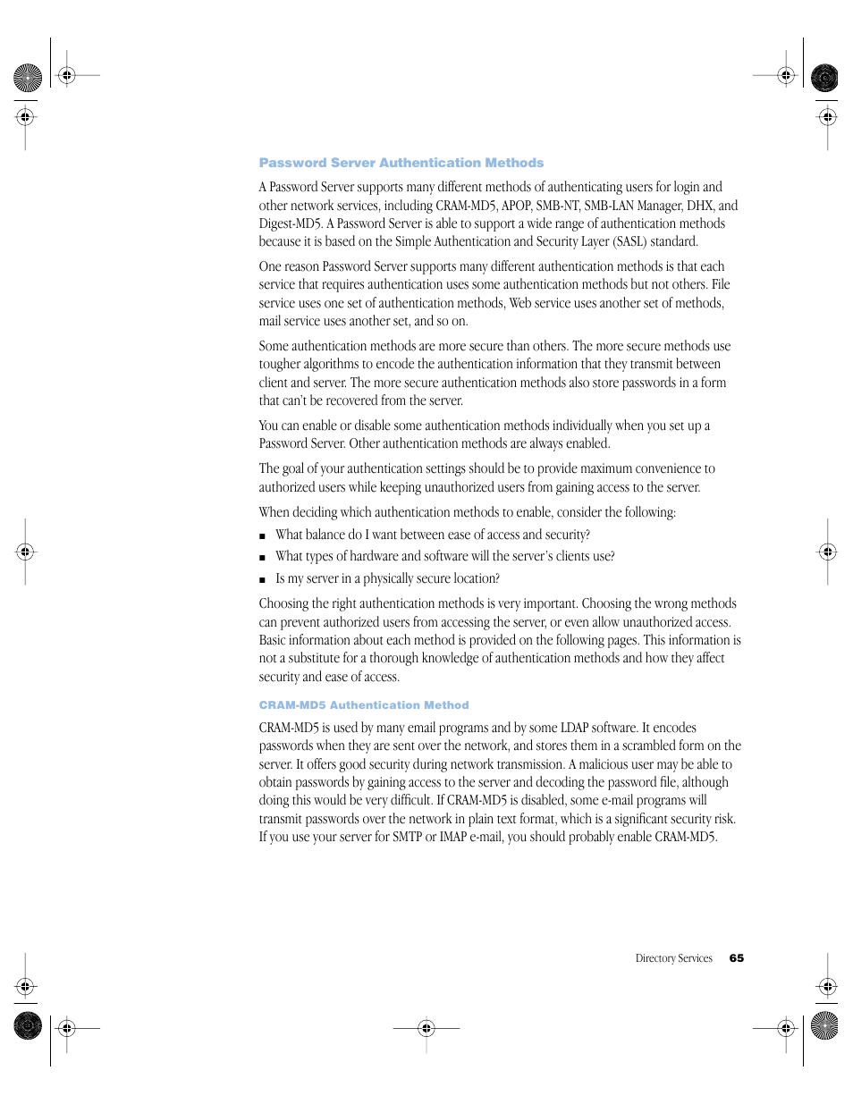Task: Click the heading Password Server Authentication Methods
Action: click(401, 163)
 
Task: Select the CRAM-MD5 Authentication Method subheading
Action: click(363, 705)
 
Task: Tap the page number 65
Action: click(736, 958)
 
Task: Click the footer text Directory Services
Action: click(673, 958)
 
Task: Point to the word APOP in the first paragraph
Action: click(516, 206)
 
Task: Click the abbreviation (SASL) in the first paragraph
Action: click(629, 241)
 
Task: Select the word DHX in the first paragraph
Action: click(699, 206)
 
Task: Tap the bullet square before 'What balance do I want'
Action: click(262, 536)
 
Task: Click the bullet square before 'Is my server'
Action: click(262, 580)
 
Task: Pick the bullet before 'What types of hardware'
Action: click(262, 558)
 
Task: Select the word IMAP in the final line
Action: click(453, 837)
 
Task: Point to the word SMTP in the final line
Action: click(407, 837)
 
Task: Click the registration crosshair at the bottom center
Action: click(426, 1028)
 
